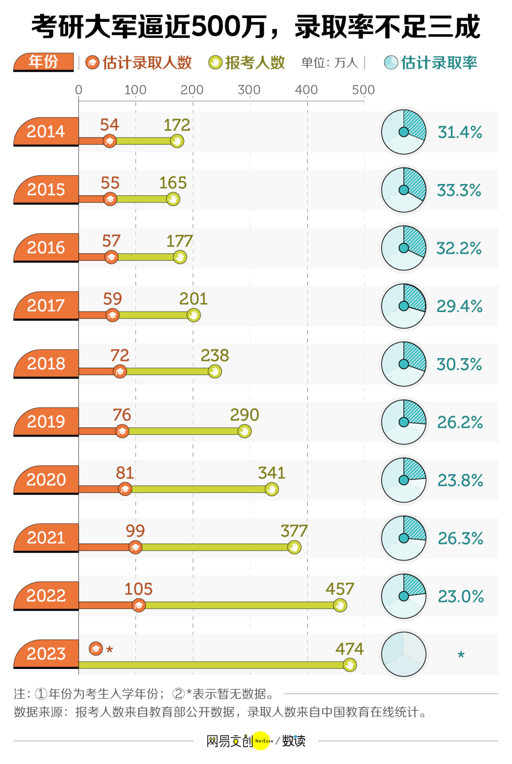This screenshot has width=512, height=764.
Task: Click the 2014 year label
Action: tap(46, 131)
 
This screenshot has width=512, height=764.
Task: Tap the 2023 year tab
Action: tap(46, 654)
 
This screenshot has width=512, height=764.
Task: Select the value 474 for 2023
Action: tap(349, 649)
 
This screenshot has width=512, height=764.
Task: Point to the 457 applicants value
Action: tap(339, 589)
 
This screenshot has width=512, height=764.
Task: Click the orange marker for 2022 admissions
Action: tap(138, 606)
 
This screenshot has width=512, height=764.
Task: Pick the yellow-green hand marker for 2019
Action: tap(245, 431)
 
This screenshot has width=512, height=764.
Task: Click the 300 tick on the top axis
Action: tap(249, 90)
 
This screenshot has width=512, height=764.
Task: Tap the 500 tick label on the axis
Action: tap(363, 90)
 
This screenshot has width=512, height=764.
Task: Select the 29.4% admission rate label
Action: tap(459, 306)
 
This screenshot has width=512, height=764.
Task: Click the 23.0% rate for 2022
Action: tap(461, 597)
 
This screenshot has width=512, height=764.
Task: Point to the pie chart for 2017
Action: tap(404, 306)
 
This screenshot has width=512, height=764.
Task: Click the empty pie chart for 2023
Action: tap(404, 654)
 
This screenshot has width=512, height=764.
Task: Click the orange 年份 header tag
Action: tap(44, 62)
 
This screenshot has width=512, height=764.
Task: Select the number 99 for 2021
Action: tap(135, 531)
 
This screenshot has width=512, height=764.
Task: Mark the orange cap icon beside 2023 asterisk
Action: tap(96, 649)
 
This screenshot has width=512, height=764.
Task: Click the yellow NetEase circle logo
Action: tap(261, 741)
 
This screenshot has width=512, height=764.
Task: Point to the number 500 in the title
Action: tap(217, 27)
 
